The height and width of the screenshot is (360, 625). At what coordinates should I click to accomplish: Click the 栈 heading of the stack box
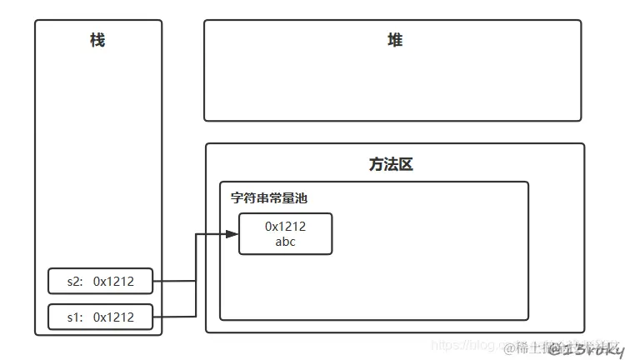click(x=97, y=40)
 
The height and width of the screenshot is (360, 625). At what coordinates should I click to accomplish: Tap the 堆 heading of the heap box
click(x=395, y=40)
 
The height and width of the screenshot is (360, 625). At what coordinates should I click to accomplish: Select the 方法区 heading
click(x=391, y=164)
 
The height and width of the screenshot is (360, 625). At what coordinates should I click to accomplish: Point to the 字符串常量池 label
click(x=269, y=198)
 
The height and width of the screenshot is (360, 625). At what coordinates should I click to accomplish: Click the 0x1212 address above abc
click(x=286, y=227)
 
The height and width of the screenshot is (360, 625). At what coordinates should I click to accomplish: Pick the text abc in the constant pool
click(x=285, y=242)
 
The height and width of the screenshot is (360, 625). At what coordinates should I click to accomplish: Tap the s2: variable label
click(x=76, y=282)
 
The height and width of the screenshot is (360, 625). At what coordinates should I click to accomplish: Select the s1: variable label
click(x=76, y=317)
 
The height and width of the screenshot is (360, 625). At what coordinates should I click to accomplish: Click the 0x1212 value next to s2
click(x=113, y=282)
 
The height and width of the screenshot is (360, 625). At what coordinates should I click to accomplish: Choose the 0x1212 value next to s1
click(x=113, y=317)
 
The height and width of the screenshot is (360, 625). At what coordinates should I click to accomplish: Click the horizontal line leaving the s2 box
click(x=176, y=282)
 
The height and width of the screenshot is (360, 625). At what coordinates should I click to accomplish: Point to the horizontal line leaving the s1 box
click(x=176, y=317)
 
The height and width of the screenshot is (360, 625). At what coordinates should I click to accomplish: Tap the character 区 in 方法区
click(x=405, y=164)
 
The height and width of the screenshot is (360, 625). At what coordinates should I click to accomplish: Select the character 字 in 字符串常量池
click(x=237, y=198)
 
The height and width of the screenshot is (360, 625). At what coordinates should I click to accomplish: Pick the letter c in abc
click(x=292, y=242)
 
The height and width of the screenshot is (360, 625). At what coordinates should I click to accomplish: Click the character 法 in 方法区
click(x=391, y=164)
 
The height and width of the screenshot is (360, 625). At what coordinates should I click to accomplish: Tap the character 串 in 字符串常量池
click(x=263, y=198)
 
